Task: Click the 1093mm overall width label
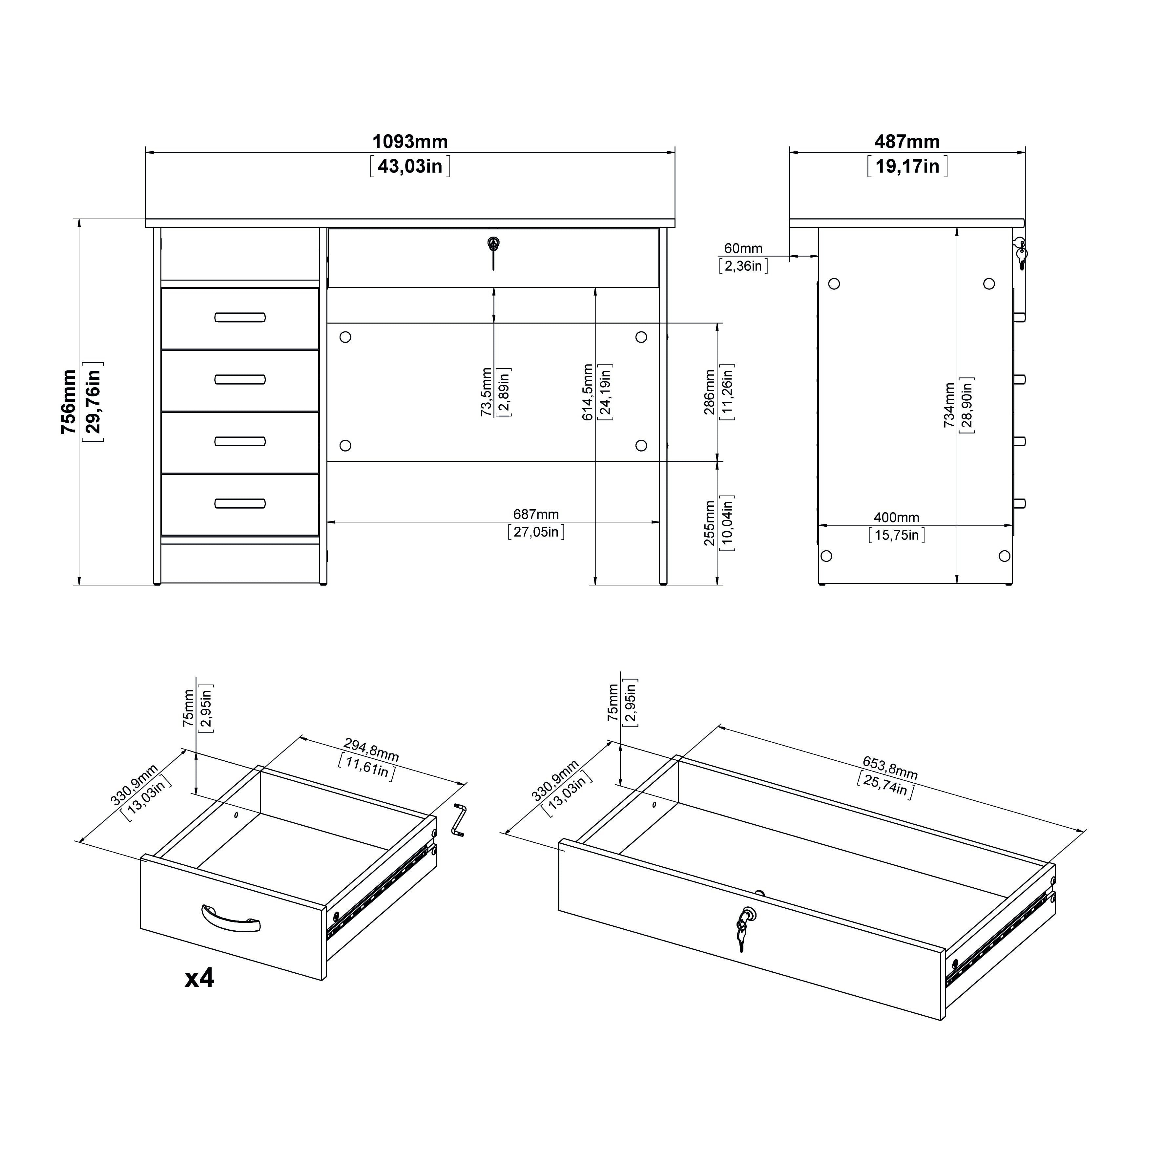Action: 410,142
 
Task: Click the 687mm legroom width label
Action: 536,514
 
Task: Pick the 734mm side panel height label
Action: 949,405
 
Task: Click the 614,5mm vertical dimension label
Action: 588,392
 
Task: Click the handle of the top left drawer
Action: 239,317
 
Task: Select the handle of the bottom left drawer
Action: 239,503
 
